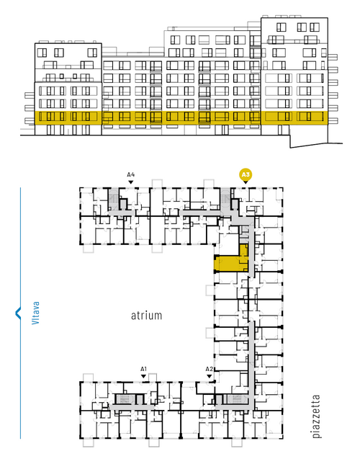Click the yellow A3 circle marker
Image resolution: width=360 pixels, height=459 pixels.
[246, 175]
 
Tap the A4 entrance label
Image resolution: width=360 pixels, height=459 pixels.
[131, 175]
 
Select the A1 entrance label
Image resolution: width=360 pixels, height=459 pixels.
[143, 369]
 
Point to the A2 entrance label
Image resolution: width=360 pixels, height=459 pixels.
[209, 369]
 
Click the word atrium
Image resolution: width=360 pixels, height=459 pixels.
[146, 316]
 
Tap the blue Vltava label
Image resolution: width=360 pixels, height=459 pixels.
[36, 313]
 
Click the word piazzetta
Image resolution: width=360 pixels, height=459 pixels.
[316, 416]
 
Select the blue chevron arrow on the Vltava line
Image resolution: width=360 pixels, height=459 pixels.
[18, 313]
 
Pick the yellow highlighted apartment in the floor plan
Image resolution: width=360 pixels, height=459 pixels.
[231, 261]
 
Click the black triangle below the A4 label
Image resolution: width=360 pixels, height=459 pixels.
[131, 182]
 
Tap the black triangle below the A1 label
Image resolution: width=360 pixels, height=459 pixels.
[143, 376]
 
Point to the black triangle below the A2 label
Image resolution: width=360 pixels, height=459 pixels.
[209, 376]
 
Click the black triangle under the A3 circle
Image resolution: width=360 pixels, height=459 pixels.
[246, 182]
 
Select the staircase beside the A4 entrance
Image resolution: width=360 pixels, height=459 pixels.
[113, 200]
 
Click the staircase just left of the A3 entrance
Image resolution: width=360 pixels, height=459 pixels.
[225, 200]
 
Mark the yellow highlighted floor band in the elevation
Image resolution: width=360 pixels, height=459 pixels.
[181, 118]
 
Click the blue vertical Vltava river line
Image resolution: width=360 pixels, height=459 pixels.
[20, 313]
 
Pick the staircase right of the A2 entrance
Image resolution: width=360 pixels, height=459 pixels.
[238, 399]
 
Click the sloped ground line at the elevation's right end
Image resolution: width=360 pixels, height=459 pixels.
[316, 146]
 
